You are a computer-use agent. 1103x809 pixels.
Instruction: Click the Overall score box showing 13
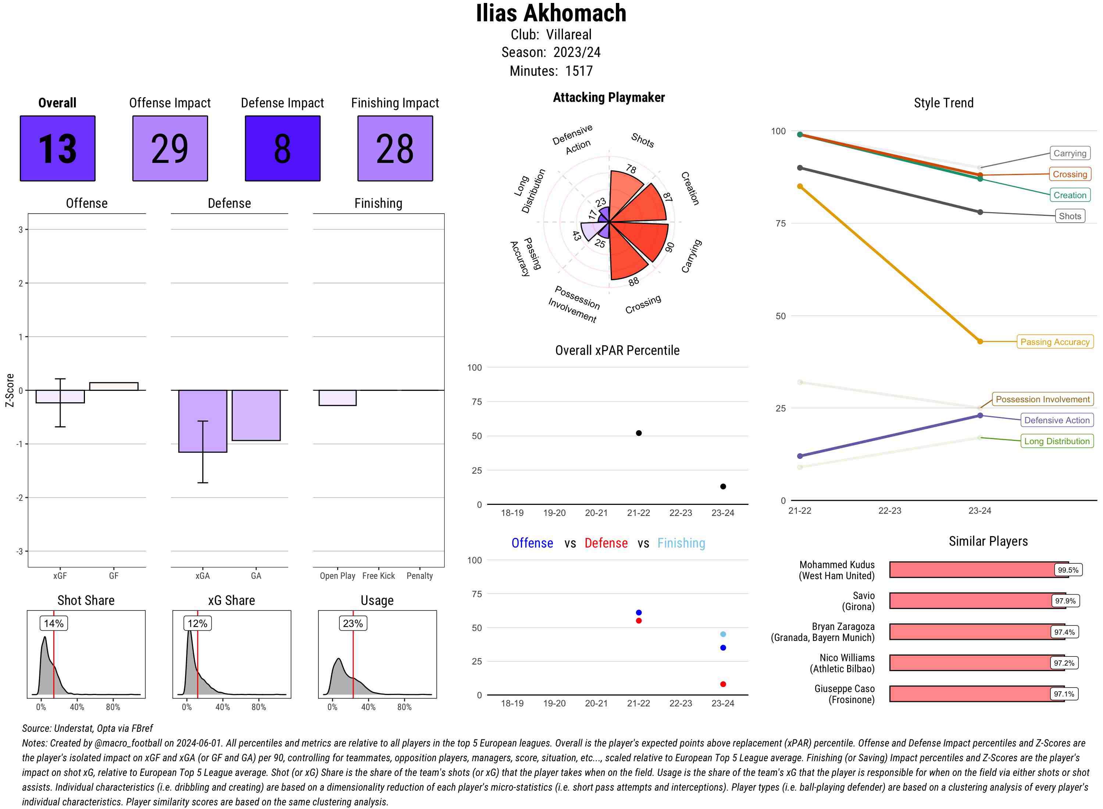[57, 149]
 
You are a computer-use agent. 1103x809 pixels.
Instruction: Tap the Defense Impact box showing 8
[282, 149]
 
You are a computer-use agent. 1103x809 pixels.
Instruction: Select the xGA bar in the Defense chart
[202, 421]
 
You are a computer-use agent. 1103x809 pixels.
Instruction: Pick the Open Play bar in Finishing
[337, 398]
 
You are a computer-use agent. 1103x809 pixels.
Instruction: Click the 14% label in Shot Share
[53, 623]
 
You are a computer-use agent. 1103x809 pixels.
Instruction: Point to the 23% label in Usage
[353, 623]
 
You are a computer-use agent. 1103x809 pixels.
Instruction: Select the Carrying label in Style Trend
[1069, 153]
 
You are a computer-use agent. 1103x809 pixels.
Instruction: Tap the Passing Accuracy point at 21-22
[800, 186]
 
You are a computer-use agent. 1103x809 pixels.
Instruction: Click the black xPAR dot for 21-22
[638, 433]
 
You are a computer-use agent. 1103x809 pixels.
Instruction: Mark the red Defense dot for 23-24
[722, 684]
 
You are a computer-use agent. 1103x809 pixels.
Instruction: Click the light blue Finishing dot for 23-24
[722, 634]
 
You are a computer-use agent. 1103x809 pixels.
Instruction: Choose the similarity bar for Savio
[974, 601]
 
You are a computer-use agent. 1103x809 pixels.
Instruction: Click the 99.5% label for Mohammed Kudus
[1068, 570]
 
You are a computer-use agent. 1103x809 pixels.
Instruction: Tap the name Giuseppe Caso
[844, 688]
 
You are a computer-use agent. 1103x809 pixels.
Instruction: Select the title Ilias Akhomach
[551, 13]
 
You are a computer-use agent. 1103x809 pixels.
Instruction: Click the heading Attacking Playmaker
[608, 97]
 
